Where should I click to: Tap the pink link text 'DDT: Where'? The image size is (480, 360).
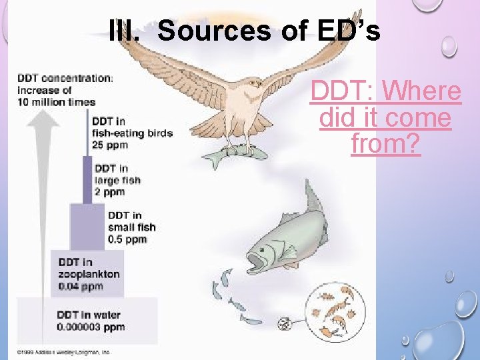pyautogui.click(x=385, y=91)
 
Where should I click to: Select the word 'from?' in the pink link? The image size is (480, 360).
pyautogui.click(x=385, y=143)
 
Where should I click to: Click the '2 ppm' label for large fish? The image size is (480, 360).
pyautogui.click(x=110, y=191)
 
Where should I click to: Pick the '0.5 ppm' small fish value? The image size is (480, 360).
pyautogui.click(x=127, y=239)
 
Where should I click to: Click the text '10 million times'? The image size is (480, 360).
pyautogui.click(x=57, y=102)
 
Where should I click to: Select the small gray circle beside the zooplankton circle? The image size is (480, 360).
pyautogui.click(x=284, y=325)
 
